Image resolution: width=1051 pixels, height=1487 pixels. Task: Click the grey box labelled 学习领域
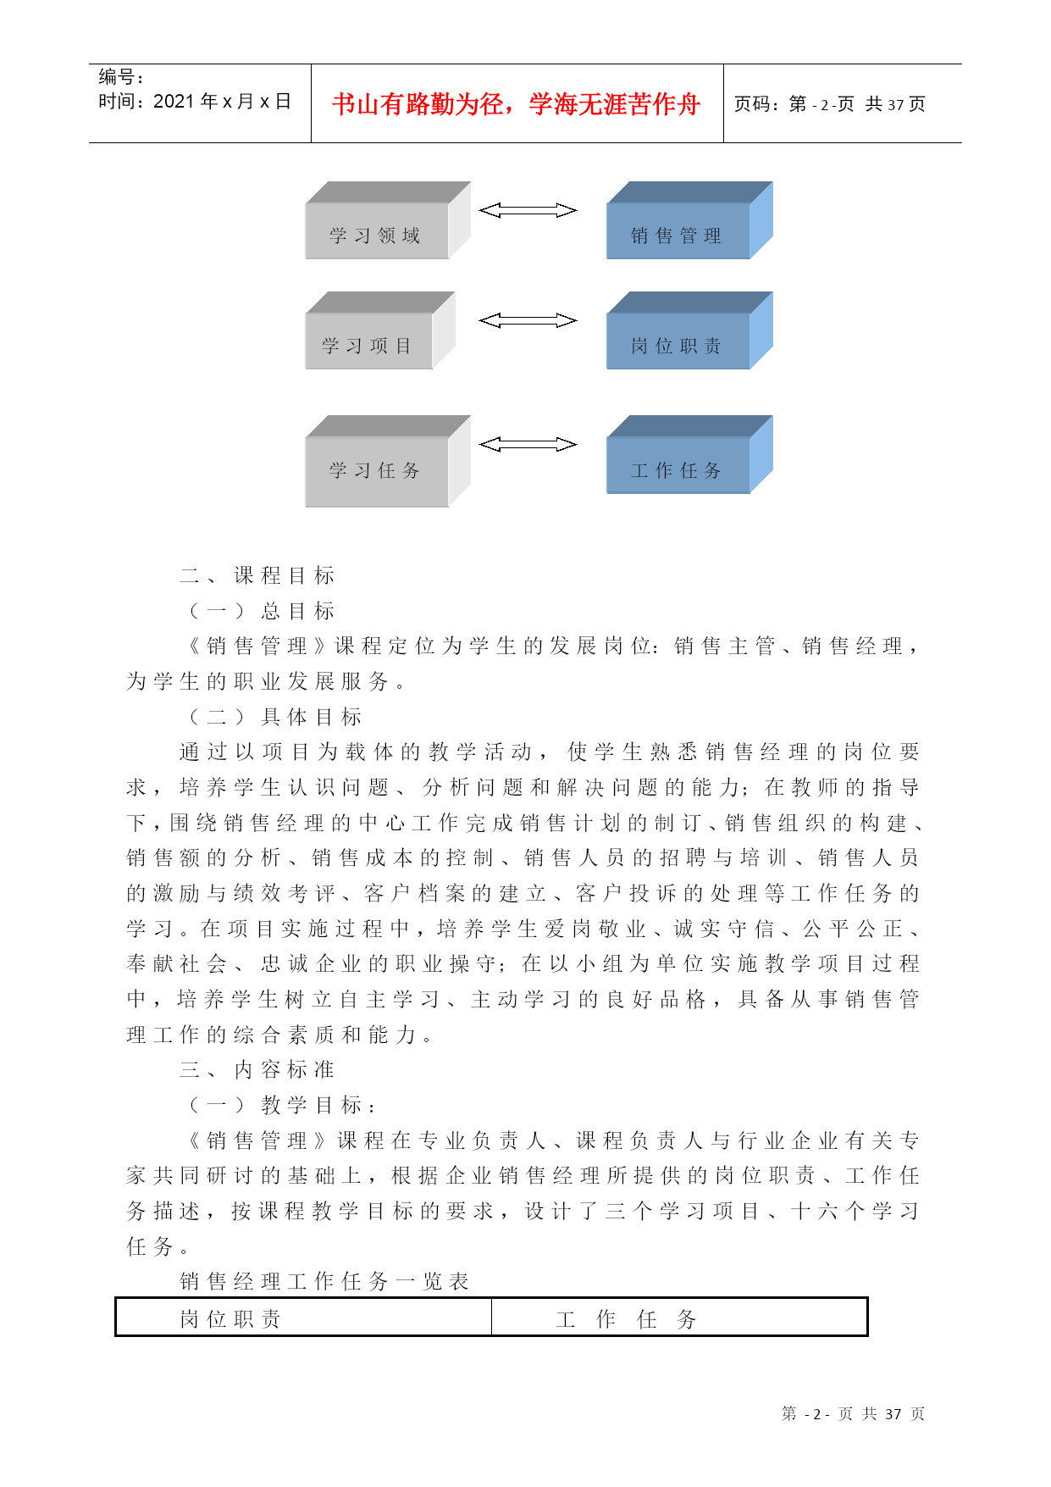[388, 220]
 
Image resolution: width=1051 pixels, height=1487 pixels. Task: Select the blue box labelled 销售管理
[689, 220]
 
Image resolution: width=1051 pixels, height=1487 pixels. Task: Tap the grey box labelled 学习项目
[380, 330]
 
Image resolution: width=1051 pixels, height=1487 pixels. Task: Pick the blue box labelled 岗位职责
[689, 330]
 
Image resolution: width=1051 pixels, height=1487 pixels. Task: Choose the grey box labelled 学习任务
[388, 461]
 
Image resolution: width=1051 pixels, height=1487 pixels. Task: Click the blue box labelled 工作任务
[689, 454]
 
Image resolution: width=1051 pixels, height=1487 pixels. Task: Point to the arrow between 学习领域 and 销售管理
[528, 210]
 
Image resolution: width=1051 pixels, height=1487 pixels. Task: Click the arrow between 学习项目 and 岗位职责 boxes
[528, 320]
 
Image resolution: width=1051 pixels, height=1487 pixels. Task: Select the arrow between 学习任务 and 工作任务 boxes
[528, 445]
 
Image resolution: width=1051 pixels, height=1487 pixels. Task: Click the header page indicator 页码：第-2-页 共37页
[830, 104]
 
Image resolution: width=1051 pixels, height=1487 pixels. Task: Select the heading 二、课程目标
[257, 575]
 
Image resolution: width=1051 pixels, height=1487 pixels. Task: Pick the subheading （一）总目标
[262, 611]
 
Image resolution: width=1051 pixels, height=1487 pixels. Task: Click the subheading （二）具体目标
[275, 717]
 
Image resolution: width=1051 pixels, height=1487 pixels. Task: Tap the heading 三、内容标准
[257, 1069]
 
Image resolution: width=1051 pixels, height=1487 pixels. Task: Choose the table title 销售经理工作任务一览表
[324, 1281]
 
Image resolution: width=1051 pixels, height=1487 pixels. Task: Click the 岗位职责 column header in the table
[230, 1319]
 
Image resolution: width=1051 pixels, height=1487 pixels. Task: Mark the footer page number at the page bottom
[853, 1414]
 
